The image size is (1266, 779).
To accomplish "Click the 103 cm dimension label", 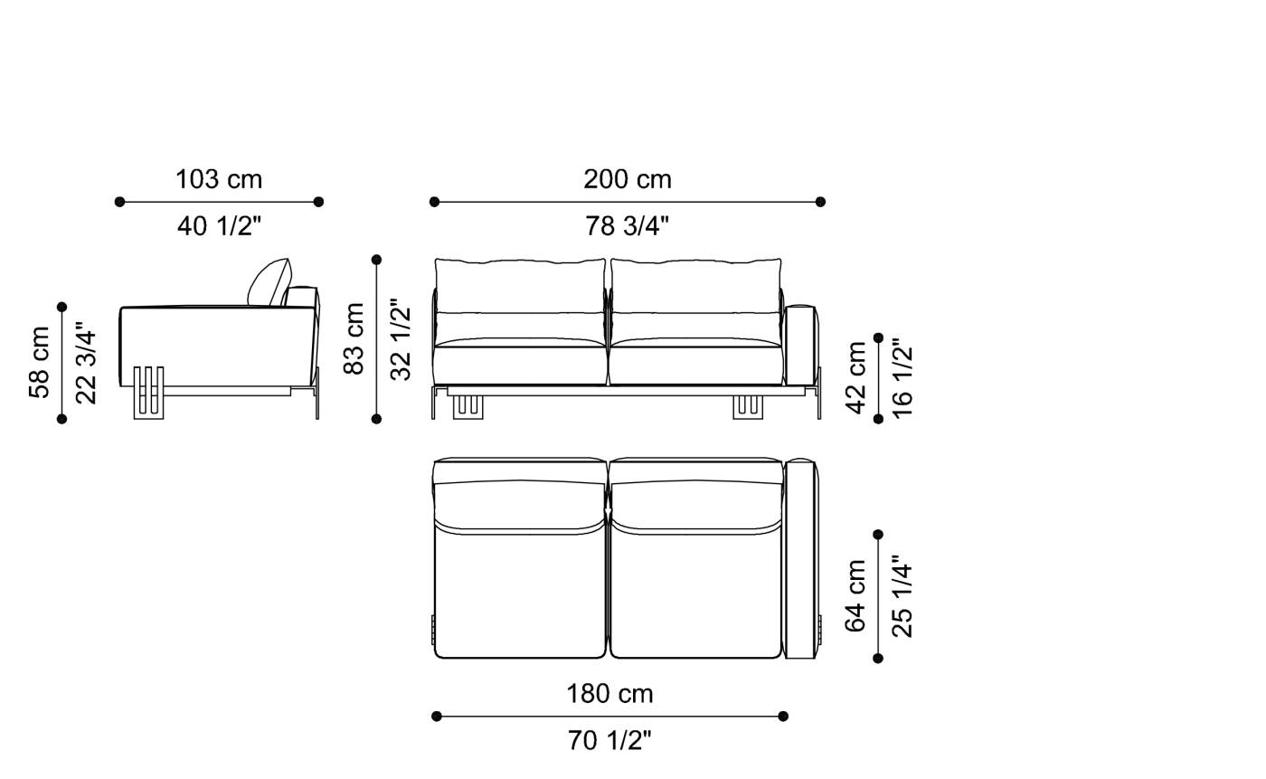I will pos(219,179).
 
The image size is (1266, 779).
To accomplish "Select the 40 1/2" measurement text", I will pos(219,226).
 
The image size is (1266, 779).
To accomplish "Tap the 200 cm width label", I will pos(628,179).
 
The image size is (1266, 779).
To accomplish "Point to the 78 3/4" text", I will pos(628,226).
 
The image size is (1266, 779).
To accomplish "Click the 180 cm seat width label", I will pos(609,694).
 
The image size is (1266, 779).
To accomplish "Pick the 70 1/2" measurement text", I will pos(609,741).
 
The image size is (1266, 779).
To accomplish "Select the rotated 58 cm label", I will pos(40,362).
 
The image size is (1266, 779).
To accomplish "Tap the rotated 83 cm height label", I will pos(354,338).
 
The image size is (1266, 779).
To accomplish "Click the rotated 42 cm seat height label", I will pos(855,377).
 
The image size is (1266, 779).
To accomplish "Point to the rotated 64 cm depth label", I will pos(855,595).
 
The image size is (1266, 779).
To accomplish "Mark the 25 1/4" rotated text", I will pos(902,597).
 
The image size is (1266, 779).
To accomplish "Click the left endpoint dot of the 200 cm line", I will pos(434,202).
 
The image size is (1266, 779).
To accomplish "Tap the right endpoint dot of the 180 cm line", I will pos(783,717).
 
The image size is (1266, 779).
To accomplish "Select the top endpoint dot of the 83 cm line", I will pos(376,260).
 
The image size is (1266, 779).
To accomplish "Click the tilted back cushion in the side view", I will pos(269,282).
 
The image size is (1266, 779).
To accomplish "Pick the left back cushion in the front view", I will pos(520,288).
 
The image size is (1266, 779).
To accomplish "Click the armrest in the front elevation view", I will pos(800,345).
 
